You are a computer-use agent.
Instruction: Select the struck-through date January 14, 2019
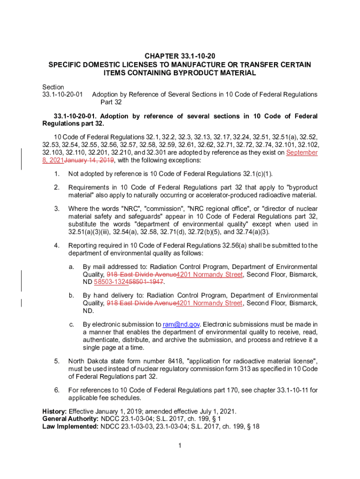click(89, 160)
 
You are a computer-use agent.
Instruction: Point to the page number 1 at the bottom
click(180, 445)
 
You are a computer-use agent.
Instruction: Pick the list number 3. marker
click(57, 208)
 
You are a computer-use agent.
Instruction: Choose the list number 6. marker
click(57, 390)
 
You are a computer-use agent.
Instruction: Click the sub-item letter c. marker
click(72, 324)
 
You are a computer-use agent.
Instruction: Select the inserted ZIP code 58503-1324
click(111, 282)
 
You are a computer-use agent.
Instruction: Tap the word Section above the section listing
click(53, 87)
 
